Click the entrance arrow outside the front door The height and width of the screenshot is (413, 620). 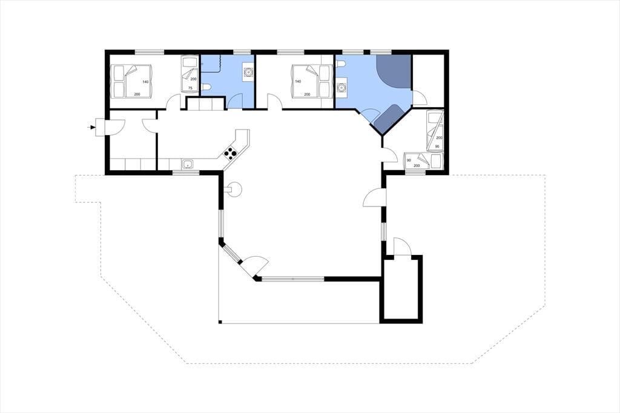click(x=91, y=127)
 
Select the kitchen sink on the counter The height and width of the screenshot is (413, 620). click(x=188, y=164)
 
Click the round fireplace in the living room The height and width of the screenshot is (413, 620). click(x=234, y=189)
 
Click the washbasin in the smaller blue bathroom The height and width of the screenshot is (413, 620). click(x=248, y=73)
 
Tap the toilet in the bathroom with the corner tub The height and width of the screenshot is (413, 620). click(x=341, y=64)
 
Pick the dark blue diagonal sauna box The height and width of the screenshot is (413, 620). click(x=388, y=119)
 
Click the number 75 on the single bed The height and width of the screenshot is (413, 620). click(x=190, y=88)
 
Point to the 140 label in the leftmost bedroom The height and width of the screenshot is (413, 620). click(x=145, y=82)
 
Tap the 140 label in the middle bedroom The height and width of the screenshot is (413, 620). click(x=298, y=82)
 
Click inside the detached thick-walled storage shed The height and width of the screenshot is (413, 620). click(x=401, y=289)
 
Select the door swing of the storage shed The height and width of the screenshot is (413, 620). click(x=403, y=246)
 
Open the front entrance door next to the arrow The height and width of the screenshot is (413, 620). click(x=114, y=127)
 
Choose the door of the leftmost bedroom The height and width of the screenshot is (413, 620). click(x=173, y=102)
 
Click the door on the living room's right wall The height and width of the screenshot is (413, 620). click(x=374, y=197)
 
